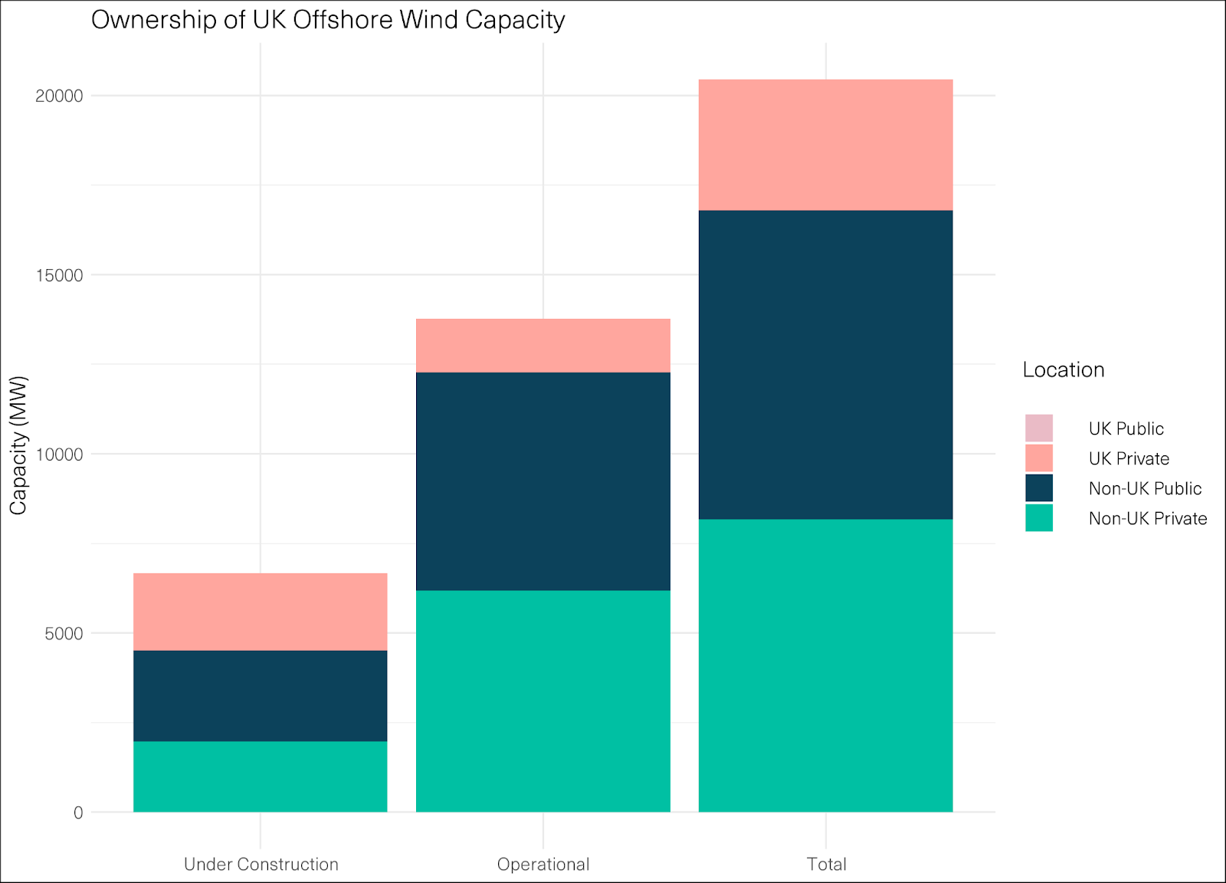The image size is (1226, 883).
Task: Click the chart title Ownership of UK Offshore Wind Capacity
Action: point(328,20)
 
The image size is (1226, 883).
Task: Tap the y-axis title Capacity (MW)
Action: point(18,445)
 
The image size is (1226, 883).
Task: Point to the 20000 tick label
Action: point(59,96)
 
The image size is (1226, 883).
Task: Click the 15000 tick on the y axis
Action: point(59,275)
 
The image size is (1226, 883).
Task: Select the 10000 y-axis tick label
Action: point(59,455)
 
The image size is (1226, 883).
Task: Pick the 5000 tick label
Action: point(64,634)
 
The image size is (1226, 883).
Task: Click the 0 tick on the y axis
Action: point(78,813)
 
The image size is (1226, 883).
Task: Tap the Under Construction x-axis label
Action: point(261,865)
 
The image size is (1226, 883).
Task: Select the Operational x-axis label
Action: point(543,865)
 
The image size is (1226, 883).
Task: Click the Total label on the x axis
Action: point(826,865)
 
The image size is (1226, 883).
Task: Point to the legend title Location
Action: point(1064,370)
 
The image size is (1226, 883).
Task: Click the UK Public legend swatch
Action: point(1039,428)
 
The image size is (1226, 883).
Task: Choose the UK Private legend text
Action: point(1129,459)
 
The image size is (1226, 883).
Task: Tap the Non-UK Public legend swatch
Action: point(1039,488)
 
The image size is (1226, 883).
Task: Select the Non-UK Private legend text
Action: point(1147,519)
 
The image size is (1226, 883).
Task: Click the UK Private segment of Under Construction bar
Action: point(261,612)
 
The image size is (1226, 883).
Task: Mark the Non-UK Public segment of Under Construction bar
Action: point(261,696)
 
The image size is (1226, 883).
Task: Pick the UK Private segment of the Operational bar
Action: point(543,346)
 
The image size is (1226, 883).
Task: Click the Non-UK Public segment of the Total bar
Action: point(826,365)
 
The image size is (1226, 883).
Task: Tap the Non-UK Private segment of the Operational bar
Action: point(543,701)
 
